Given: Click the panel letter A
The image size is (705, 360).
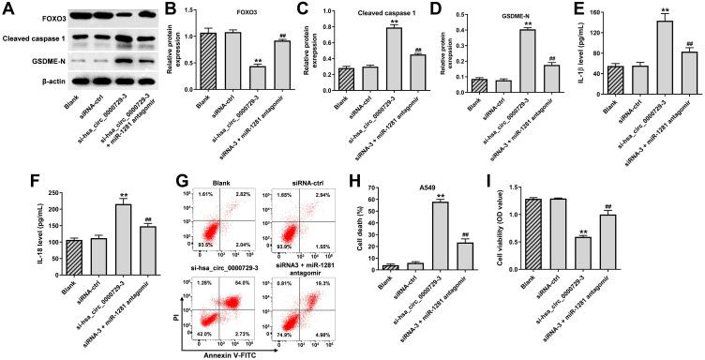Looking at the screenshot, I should [7, 8].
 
